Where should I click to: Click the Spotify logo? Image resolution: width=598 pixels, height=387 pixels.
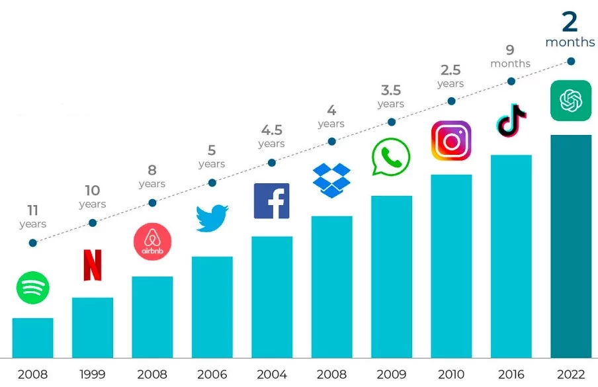[x=33, y=288]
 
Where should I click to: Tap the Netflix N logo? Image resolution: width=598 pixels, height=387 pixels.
[x=93, y=265]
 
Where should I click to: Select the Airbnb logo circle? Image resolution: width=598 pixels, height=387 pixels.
[x=152, y=241]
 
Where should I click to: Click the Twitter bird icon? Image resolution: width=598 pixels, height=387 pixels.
[x=212, y=218]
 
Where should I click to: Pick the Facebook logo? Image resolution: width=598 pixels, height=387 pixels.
[x=272, y=201]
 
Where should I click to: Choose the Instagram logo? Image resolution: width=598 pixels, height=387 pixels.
[x=451, y=141]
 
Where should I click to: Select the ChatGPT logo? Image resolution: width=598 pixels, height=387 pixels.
[x=570, y=101]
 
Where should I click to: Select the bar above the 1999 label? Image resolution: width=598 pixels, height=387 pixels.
[x=93, y=327]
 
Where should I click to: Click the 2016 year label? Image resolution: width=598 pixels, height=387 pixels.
[x=511, y=374]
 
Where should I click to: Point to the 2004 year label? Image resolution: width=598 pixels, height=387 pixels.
[x=272, y=374]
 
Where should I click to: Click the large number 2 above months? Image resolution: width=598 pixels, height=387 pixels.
[x=570, y=22]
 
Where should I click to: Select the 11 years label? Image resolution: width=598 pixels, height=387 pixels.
[x=33, y=216]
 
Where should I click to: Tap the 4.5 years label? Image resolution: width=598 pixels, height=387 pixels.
[x=271, y=136]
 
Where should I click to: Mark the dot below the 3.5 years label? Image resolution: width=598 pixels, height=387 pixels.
[x=392, y=122]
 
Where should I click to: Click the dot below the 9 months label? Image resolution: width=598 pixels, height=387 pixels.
[x=511, y=81]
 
